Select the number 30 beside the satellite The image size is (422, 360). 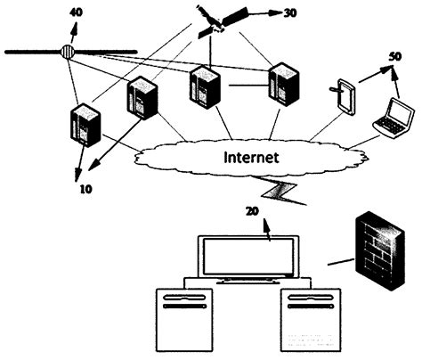(291, 13)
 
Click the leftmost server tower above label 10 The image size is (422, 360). (85, 125)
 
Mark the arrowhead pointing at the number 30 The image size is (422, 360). (278, 13)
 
